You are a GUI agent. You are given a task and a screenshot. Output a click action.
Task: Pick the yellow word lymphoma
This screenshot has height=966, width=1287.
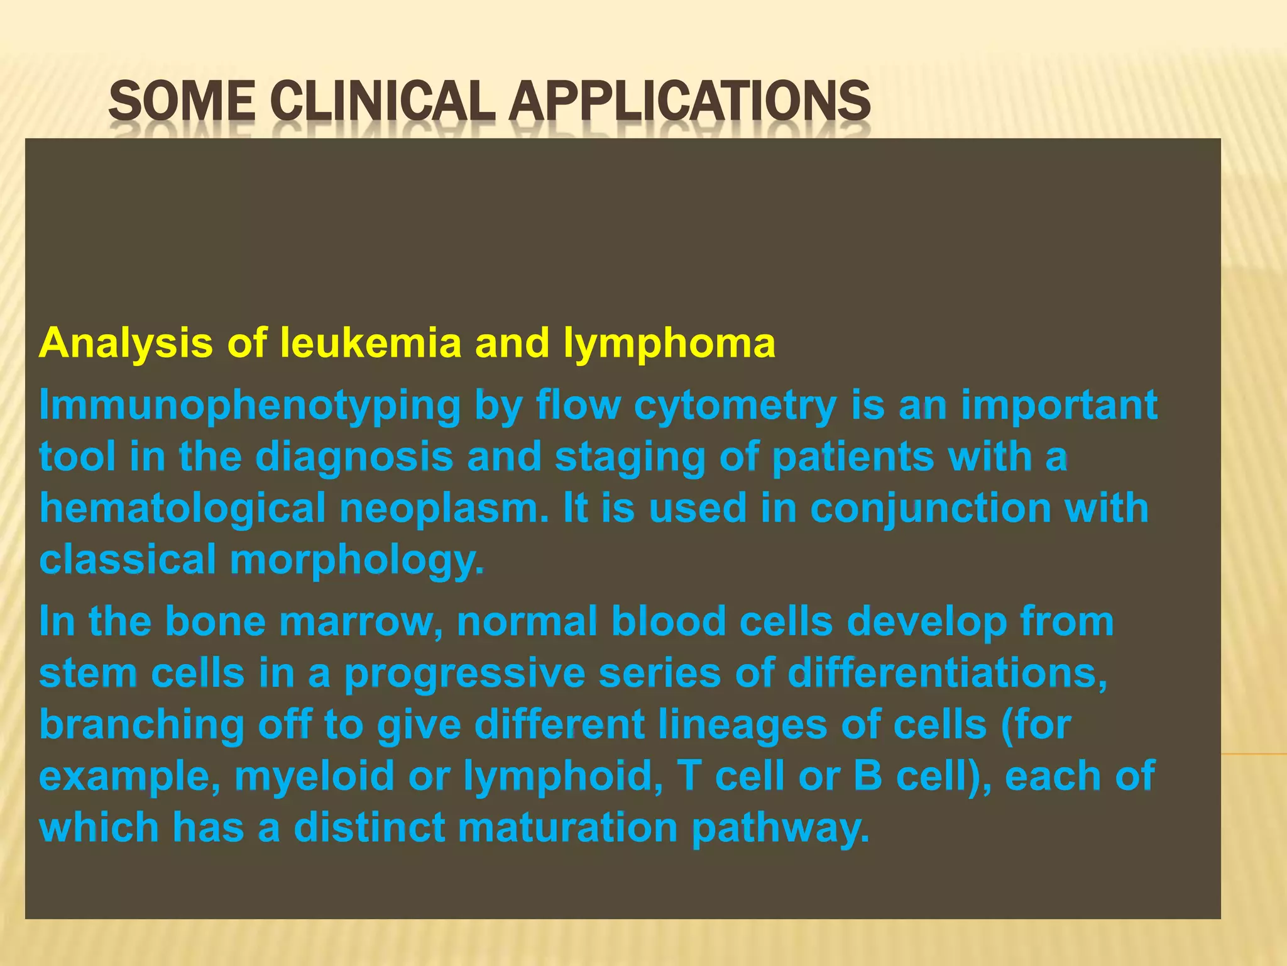click(669, 345)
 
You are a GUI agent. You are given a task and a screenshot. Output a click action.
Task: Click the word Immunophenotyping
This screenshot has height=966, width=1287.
click(249, 406)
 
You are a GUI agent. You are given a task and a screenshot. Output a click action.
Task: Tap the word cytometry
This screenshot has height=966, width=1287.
click(735, 406)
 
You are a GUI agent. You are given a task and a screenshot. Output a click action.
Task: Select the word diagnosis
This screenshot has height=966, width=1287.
click(354, 458)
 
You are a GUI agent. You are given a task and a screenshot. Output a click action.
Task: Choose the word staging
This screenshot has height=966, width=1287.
click(630, 458)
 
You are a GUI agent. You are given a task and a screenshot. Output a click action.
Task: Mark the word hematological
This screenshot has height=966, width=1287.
click(182, 509)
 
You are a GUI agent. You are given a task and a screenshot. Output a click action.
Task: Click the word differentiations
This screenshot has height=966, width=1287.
click(947, 674)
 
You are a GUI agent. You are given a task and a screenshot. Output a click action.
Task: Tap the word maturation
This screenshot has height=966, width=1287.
click(567, 828)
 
